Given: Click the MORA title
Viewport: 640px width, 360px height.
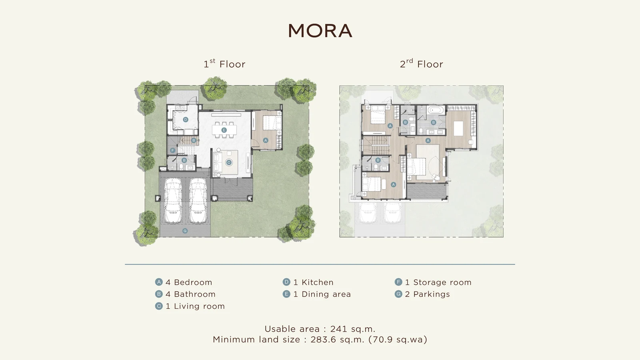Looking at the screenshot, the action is click(320, 30).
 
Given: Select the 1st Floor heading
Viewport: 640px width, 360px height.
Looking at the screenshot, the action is click(224, 64).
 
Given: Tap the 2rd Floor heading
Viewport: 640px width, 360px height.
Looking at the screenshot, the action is click(422, 64).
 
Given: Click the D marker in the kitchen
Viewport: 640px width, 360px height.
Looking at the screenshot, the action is click(186, 120).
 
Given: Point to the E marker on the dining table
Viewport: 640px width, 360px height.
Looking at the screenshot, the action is click(224, 130).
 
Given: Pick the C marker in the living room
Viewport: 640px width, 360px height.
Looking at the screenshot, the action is click(228, 162).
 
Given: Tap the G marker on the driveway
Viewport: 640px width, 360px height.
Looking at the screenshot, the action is click(185, 231).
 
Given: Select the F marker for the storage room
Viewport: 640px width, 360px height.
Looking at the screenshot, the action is click(172, 150).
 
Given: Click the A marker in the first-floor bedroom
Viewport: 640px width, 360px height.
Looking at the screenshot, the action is click(266, 140).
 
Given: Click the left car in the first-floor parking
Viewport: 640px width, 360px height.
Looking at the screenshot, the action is click(173, 200).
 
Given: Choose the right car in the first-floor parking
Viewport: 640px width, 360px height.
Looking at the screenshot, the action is click(198, 200).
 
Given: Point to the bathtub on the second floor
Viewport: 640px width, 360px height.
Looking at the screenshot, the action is click(436, 110).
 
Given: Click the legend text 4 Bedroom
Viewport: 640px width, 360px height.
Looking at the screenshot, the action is click(189, 282).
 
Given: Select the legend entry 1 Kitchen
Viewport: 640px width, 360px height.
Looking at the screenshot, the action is click(314, 282).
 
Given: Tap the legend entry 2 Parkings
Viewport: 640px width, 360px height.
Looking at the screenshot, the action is click(428, 294).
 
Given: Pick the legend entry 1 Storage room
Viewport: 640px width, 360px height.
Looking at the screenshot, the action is click(438, 282).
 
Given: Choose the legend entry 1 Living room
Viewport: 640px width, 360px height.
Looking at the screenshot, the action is click(195, 306).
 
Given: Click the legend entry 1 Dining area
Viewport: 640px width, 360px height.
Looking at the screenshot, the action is click(322, 294).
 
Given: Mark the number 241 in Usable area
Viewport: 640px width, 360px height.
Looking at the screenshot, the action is click(338, 329).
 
